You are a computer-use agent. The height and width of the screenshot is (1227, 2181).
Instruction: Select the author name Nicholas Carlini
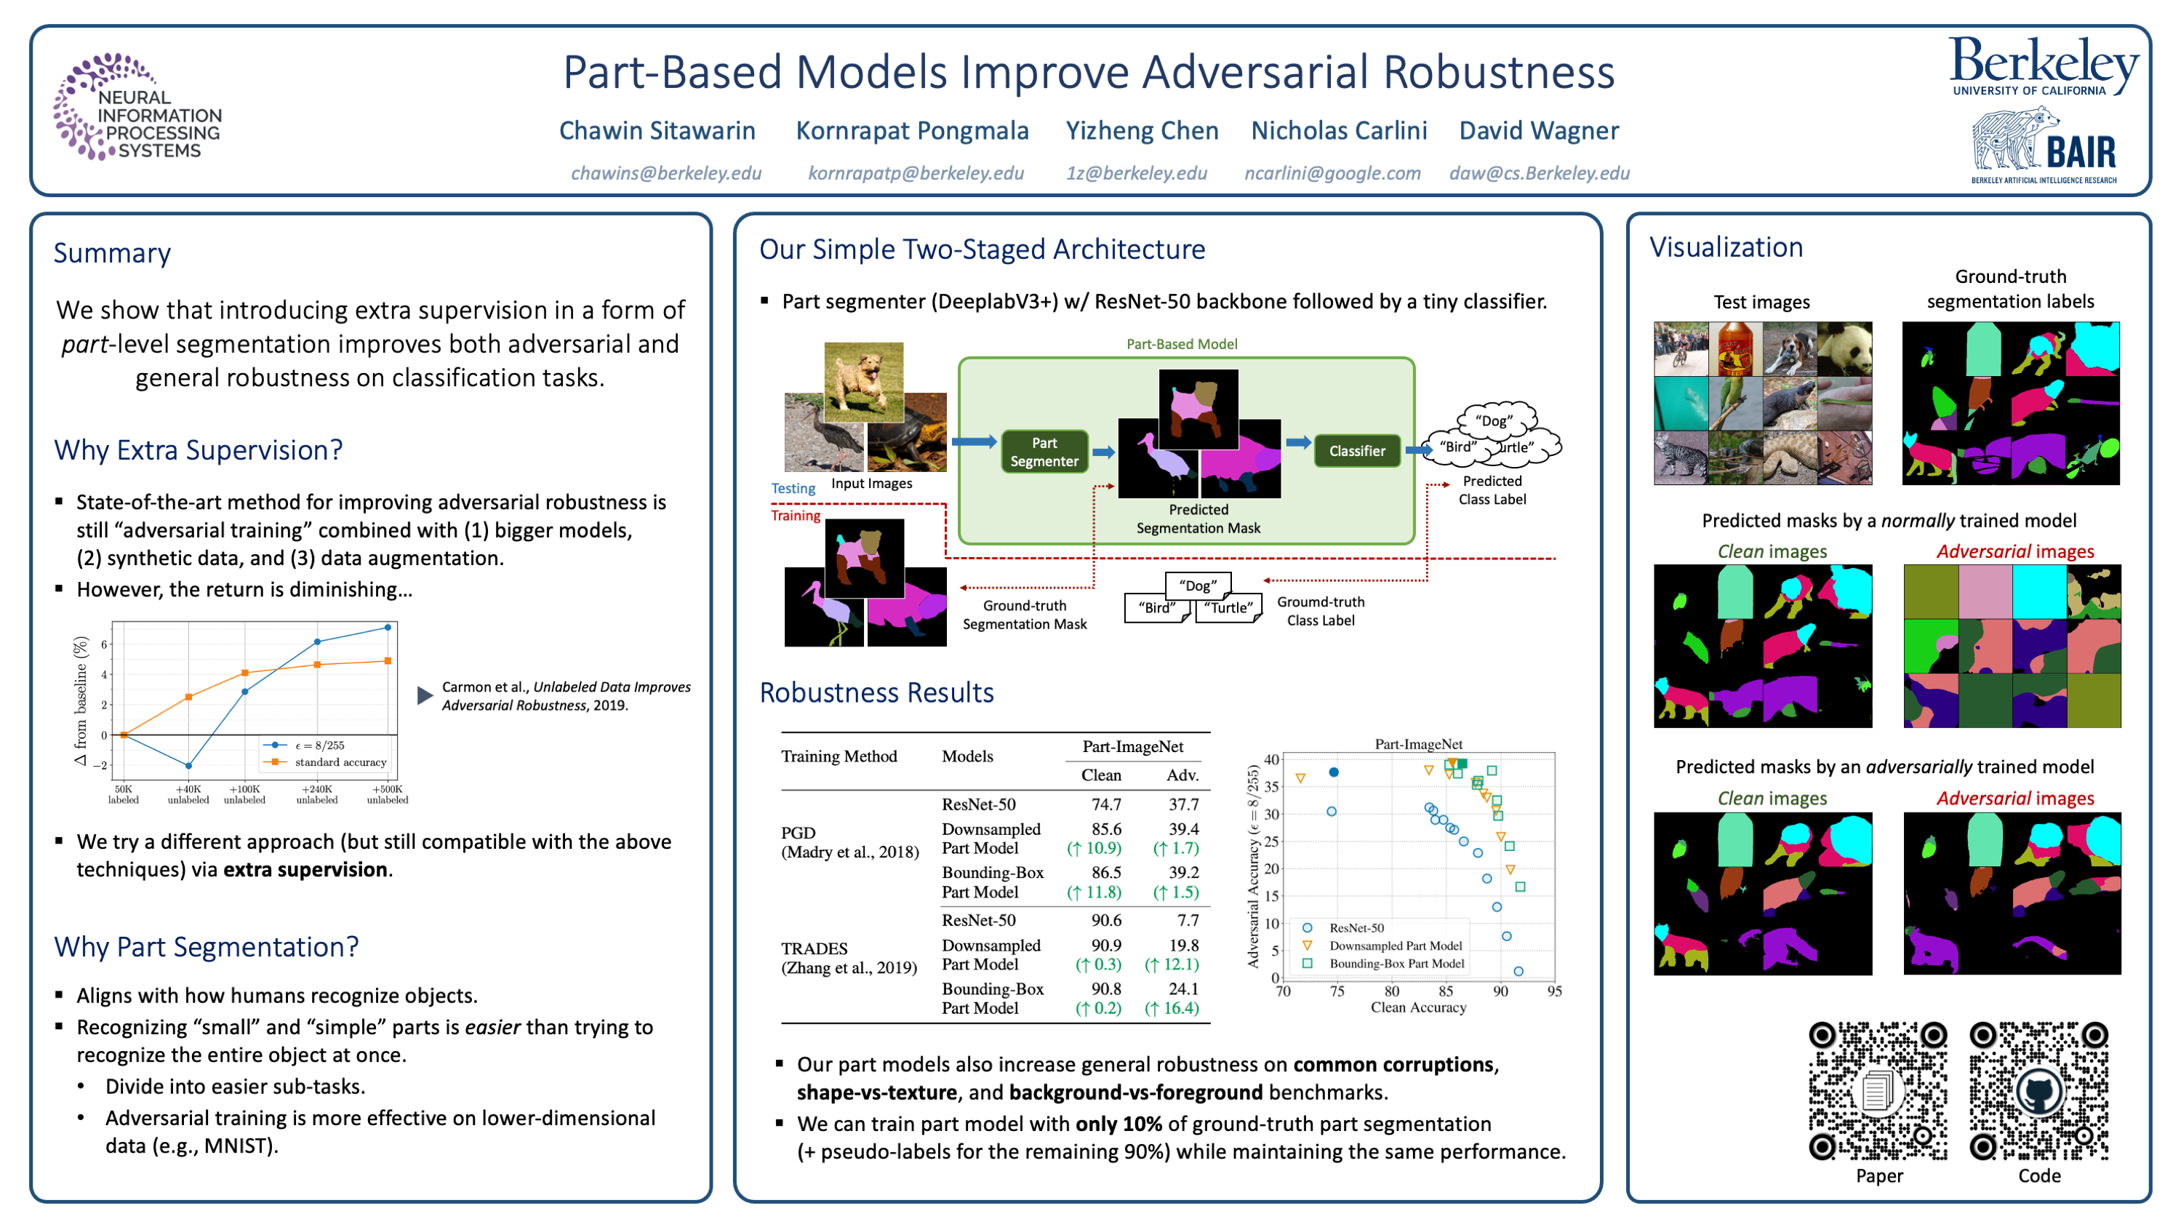[x=1339, y=130]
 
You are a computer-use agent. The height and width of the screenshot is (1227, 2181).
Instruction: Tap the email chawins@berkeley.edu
[x=665, y=173]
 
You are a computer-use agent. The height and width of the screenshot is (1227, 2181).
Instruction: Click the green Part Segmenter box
[x=1044, y=452]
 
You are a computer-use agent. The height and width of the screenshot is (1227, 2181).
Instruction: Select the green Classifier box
[x=1356, y=450]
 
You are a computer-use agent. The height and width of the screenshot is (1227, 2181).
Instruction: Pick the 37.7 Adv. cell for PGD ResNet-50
[x=1182, y=804]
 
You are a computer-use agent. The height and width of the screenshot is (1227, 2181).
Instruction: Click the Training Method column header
[x=839, y=756]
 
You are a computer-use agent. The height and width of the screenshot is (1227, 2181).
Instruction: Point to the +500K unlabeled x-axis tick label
[x=387, y=794]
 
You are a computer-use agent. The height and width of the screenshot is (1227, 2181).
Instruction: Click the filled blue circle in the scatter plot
[x=1334, y=772]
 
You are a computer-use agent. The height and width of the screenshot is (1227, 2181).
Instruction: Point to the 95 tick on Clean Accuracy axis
[x=1553, y=991]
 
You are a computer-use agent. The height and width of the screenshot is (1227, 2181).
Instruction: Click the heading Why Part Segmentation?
[x=206, y=947]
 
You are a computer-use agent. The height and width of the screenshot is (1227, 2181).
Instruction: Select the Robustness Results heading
[x=876, y=692]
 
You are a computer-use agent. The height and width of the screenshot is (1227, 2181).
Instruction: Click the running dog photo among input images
[x=863, y=382]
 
